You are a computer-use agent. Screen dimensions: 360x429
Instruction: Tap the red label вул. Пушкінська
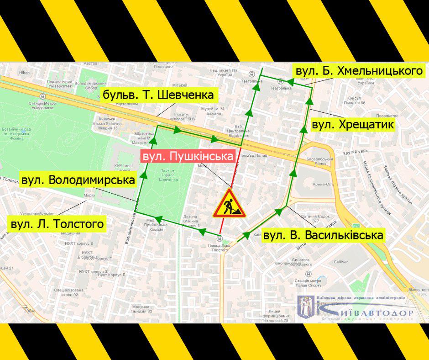pyautogui.click(x=188, y=156)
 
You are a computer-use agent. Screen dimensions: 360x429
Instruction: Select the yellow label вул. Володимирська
pyautogui.click(x=78, y=180)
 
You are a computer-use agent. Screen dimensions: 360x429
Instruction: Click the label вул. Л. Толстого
pyautogui.click(x=57, y=224)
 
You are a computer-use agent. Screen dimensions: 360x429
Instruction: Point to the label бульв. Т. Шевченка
pyautogui.click(x=158, y=95)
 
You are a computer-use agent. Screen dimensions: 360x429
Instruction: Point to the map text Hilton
pyautogui.click(x=24, y=73)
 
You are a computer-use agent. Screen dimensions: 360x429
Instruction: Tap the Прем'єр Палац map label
pyautogui.click(x=255, y=155)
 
